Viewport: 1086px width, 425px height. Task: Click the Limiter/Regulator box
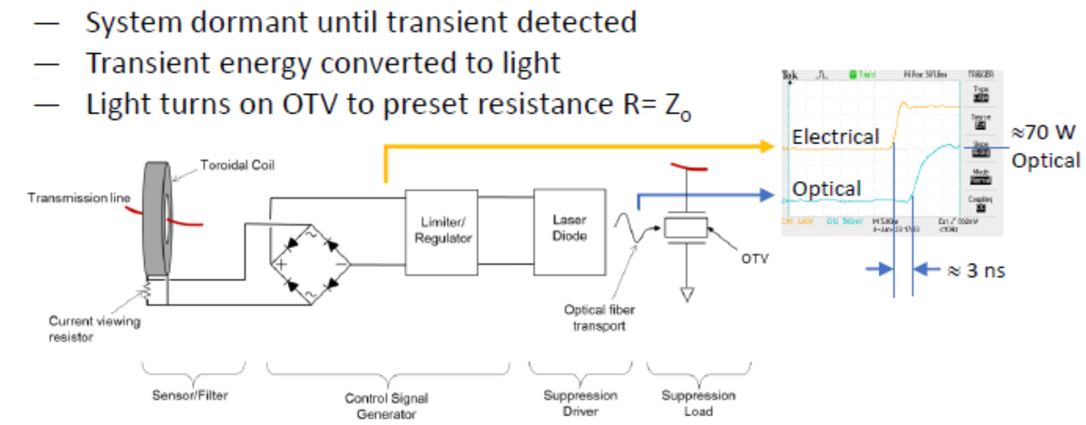(x=441, y=232)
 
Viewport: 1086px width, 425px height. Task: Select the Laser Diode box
(x=570, y=232)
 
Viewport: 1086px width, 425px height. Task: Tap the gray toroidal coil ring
(x=156, y=219)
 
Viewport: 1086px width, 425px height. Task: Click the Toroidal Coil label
(x=237, y=165)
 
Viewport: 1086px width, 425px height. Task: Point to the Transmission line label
(x=78, y=198)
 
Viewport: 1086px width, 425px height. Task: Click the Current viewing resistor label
(x=94, y=329)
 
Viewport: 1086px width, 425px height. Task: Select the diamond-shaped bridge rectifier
(x=311, y=264)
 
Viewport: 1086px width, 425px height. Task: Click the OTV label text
(x=754, y=259)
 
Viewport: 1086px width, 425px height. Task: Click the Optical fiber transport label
(x=599, y=318)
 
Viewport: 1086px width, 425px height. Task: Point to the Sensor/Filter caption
(x=190, y=395)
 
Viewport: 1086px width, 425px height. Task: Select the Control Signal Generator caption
(x=386, y=406)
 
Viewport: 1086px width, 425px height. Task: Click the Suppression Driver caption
(x=580, y=403)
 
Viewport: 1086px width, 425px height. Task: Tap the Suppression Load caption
(x=698, y=403)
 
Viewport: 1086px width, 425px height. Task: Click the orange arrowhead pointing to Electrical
(x=767, y=146)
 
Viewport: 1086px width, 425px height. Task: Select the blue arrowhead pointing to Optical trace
(x=767, y=195)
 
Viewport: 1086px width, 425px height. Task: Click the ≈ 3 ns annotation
(x=976, y=271)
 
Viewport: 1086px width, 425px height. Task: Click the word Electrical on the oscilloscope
(x=835, y=137)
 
